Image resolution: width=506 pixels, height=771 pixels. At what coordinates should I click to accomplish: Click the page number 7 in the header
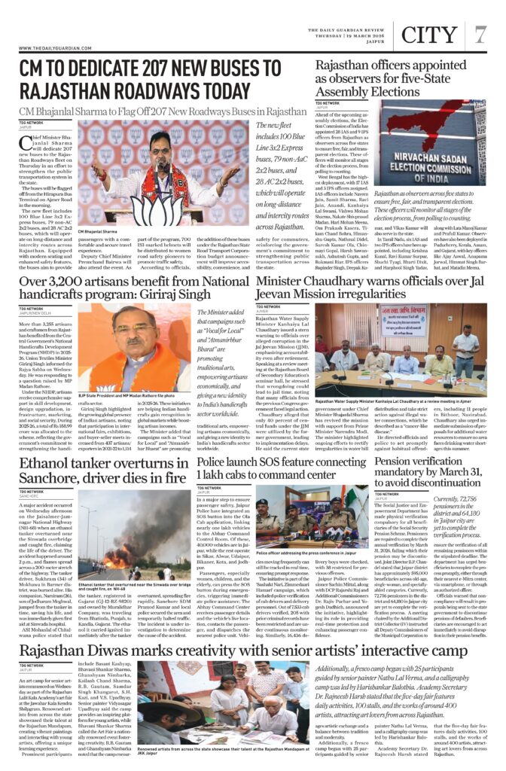(x=480, y=34)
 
